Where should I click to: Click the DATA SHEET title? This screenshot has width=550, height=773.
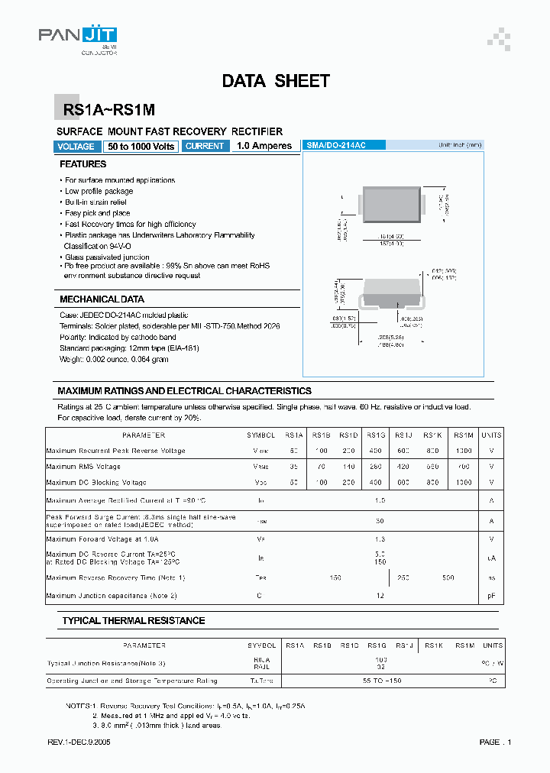[276, 81]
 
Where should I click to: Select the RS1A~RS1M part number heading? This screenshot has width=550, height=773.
[104, 111]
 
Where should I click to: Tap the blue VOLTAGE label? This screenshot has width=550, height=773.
[76, 147]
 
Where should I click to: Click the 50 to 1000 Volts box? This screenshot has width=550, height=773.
[141, 147]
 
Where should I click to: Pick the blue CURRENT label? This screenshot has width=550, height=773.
[205, 146]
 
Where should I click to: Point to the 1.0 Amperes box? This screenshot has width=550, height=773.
[264, 146]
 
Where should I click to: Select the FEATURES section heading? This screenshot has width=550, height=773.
[83, 164]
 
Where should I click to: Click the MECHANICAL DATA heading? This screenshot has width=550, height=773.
[102, 299]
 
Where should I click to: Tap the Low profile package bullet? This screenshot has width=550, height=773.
[99, 191]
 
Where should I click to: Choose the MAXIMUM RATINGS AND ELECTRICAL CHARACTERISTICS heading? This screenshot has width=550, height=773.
[184, 390]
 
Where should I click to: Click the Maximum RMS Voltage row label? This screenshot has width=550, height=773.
[83, 466]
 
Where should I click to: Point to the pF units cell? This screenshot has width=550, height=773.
[491, 595]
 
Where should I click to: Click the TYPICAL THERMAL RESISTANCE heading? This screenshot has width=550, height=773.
[133, 621]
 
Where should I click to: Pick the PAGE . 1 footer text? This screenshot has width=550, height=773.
[496, 742]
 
